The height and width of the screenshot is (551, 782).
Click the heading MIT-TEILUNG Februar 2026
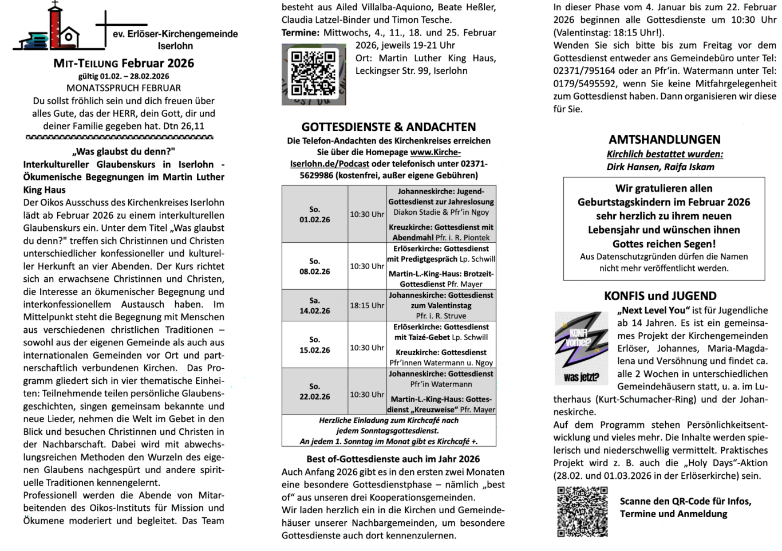point(124,64)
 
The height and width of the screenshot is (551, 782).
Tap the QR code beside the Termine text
point(313,74)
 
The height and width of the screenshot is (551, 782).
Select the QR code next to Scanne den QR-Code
point(582,511)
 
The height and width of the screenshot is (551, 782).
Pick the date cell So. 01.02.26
point(314,214)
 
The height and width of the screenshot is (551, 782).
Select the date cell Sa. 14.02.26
point(314,305)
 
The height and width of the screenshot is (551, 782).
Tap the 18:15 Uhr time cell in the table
point(367,305)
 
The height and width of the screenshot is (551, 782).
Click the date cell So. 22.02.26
point(314,391)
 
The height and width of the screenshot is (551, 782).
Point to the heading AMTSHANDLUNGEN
point(664,140)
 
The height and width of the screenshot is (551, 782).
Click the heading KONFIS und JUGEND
point(660,296)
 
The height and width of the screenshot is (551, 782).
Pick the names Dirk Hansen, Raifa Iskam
point(660,167)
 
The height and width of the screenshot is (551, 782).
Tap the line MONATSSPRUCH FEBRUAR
point(124,88)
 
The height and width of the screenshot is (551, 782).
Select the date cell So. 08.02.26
point(314,266)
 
